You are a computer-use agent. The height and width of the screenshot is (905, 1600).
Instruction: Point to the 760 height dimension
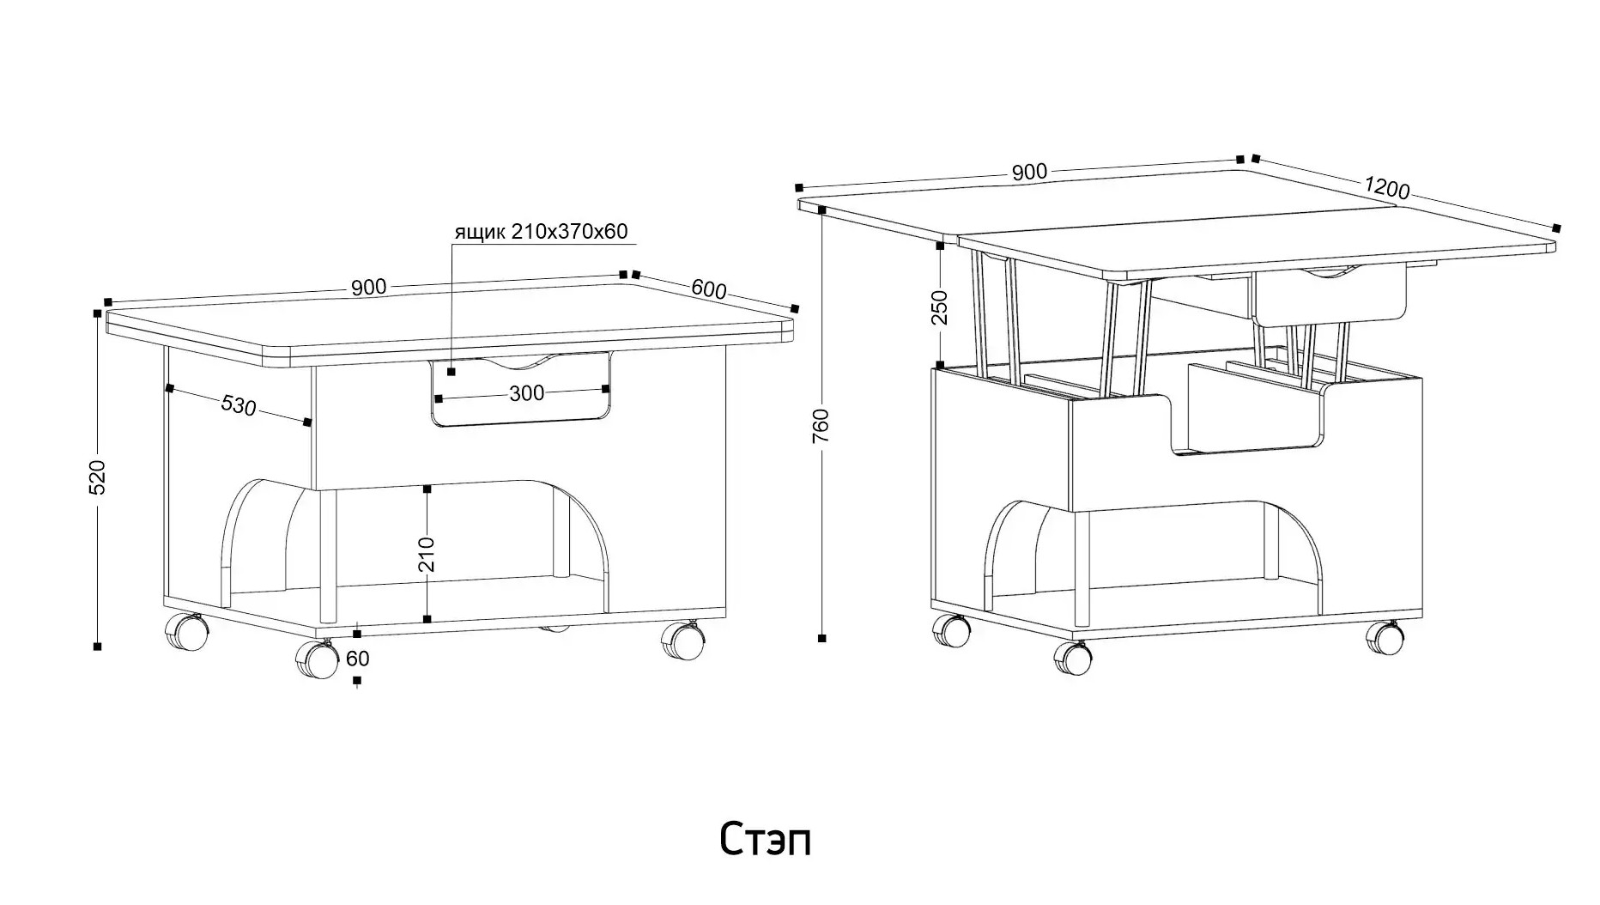[821, 425]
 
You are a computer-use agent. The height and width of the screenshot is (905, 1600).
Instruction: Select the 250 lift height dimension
[940, 307]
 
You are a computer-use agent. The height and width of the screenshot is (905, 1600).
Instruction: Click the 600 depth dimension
[709, 290]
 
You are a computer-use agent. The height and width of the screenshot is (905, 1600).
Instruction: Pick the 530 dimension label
[239, 404]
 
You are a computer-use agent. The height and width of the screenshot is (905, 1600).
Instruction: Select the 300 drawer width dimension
[526, 393]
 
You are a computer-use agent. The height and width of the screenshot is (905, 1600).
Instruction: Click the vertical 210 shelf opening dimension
[427, 554]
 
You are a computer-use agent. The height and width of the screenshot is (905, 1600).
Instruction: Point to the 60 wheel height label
[357, 659]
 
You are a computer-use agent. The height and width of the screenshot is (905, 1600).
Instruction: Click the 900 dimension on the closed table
[368, 288]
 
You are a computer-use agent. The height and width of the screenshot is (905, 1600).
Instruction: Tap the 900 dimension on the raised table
[1029, 172]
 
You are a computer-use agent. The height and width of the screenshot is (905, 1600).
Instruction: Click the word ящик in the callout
[480, 232]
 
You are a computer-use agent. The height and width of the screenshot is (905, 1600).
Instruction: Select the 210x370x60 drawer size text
[570, 231]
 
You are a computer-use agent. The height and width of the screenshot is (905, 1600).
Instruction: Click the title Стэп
[765, 839]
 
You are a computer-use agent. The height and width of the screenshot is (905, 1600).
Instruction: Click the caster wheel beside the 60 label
[317, 660]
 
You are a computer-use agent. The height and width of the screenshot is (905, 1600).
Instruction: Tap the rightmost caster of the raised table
[1385, 638]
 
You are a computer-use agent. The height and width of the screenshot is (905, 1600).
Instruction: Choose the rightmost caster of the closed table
[682, 641]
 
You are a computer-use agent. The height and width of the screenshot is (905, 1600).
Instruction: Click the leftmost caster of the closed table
[186, 633]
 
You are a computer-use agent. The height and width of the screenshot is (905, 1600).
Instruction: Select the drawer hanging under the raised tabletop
[1330, 295]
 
